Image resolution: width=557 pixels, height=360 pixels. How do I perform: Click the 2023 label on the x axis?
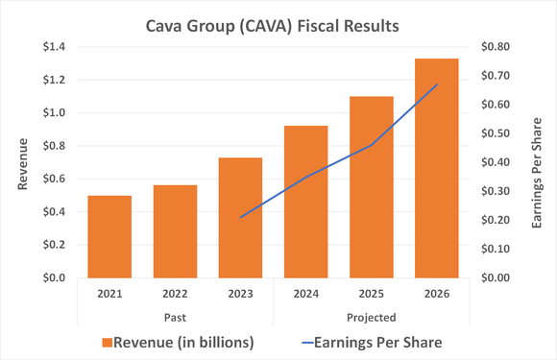238,295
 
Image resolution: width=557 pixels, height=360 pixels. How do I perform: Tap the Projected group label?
372,315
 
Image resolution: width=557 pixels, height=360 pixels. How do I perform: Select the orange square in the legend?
108,341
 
